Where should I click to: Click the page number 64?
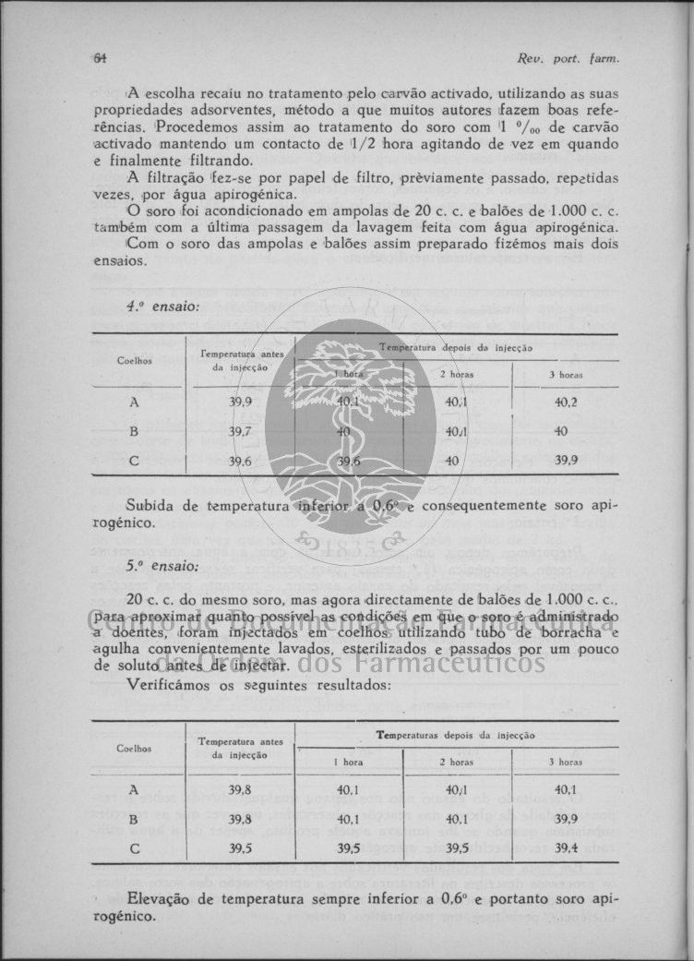(100, 58)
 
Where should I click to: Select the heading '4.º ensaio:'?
(162, 306)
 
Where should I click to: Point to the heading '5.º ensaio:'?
(162, 567)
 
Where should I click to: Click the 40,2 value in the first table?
(566, 402)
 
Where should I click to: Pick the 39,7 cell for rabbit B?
(240, 431)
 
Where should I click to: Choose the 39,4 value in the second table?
(566, 847)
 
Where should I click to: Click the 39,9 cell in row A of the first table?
(240, 402)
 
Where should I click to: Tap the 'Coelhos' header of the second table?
(135, 748)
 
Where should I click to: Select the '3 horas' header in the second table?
(566, 763)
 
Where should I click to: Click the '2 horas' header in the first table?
(457, 375)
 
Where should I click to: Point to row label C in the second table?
(134, 847)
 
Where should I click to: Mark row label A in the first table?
(134, 402)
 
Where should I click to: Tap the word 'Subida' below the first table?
(150, 505)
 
